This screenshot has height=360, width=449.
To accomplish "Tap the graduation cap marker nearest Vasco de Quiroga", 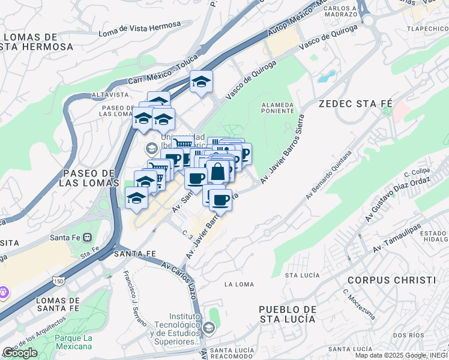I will point(202,83).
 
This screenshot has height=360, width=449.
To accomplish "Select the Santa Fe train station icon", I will point(88,237).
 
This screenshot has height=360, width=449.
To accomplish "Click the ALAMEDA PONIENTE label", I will point(277,107).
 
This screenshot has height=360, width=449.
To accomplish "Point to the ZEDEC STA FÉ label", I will point(351,103).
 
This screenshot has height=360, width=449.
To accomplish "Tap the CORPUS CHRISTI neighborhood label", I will point(391,280).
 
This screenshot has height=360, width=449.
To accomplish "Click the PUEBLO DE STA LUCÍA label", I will point(287,314).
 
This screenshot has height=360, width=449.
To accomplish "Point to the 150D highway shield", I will point(58,281).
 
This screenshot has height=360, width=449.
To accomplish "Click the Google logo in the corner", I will point(20,353).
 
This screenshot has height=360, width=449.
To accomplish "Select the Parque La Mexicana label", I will point(73,342).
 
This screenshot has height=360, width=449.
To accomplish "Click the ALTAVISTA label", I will point(110,95).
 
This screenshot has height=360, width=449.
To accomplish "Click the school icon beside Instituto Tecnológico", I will point(208,328).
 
